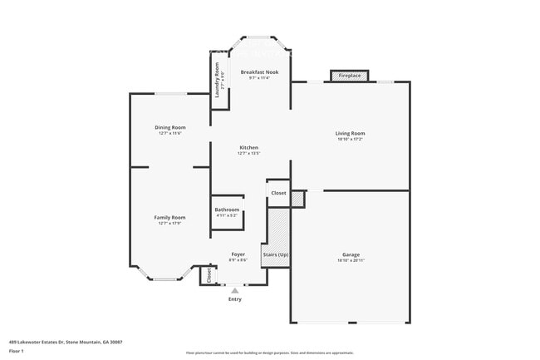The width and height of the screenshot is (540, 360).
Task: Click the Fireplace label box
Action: point(350,76)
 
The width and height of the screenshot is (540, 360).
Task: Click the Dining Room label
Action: point(169,127)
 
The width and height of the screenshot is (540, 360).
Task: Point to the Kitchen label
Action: point(248,147)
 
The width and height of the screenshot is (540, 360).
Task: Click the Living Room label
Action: point(350,133)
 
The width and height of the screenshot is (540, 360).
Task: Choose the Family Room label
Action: point(169,217)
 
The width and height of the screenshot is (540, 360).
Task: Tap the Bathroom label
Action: point(227,210)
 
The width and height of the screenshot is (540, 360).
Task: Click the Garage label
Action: point(351,254)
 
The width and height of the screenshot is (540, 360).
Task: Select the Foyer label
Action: point(238,254)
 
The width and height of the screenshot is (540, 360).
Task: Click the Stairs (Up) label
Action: point(277,254)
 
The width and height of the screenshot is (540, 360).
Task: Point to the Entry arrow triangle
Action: point(234,291)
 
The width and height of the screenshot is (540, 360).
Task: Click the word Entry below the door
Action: point(234,299)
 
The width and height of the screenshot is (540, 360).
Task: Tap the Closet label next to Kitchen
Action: point(278,193)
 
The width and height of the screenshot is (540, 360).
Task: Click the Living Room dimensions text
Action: point(350,139)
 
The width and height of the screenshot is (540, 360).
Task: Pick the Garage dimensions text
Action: point(351,260)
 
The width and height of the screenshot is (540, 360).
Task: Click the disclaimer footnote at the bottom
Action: point(269,353)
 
